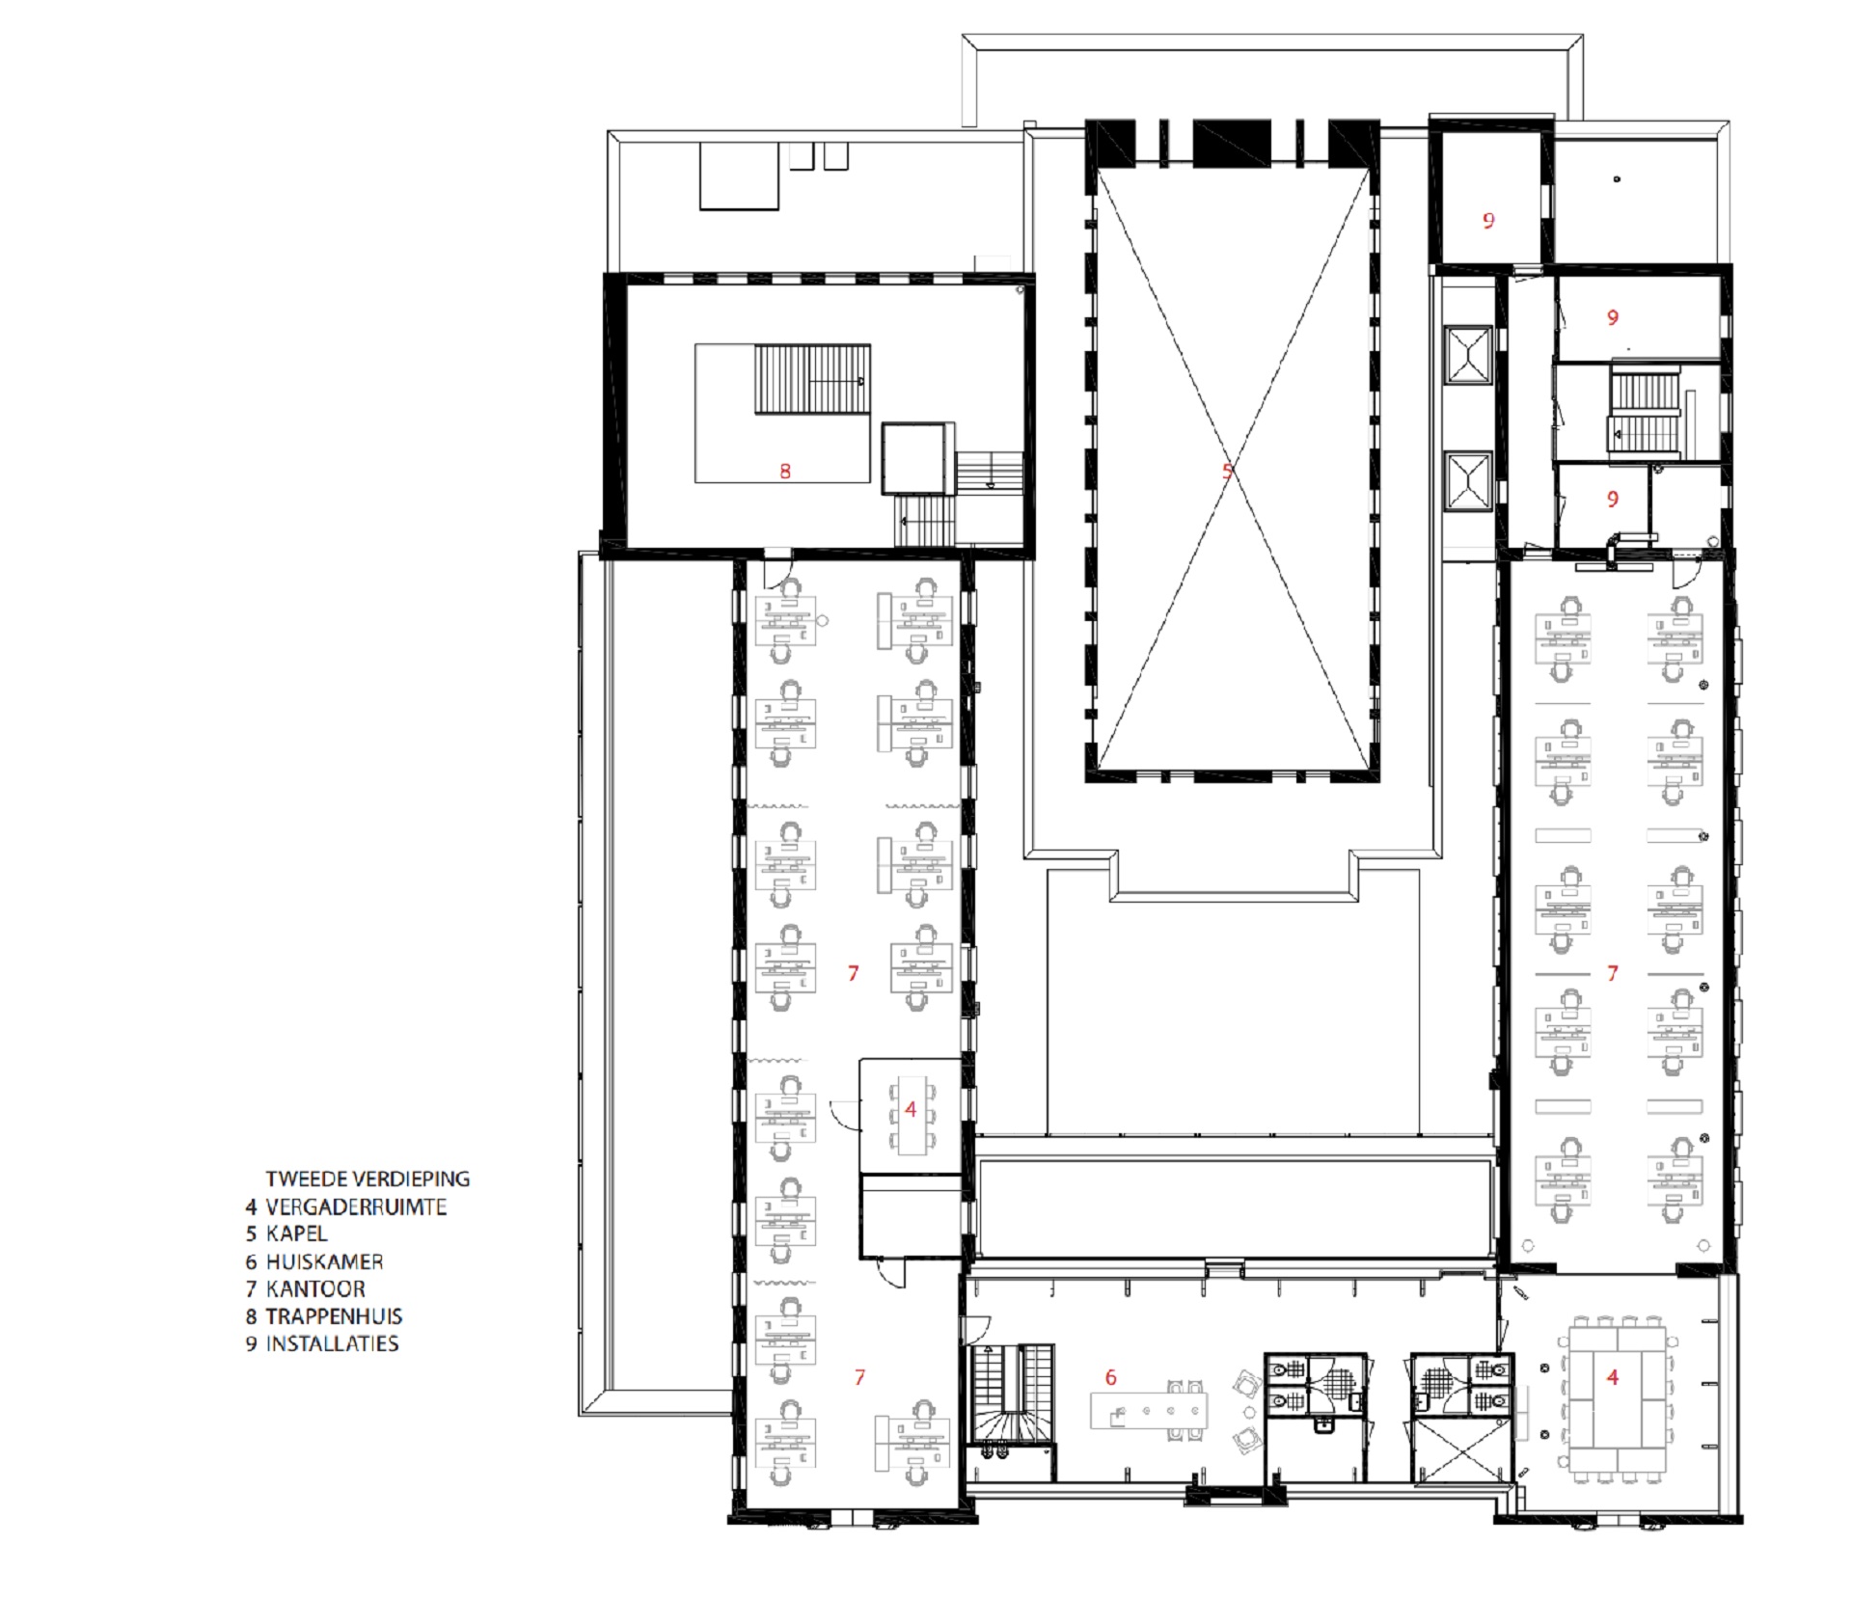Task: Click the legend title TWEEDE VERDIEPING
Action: point(368,1178)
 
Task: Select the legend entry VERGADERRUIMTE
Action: point(356,1206)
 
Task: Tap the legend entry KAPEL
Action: point(296,1233)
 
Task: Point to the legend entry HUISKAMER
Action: point(324,1261)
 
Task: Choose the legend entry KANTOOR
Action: point(315,1288)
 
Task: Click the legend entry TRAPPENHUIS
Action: point(334,1316)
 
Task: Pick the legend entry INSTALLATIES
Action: point(332,1343)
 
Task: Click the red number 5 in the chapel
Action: point(1227,472)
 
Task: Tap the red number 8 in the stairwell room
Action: point(785,472)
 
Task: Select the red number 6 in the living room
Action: point(1110,1378)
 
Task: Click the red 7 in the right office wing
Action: point(1612,974)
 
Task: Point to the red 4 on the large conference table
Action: point(1612,1378)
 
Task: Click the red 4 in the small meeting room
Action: point(910,1110)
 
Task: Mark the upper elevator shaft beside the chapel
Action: point(1468,355)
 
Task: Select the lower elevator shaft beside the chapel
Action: point(1468,479)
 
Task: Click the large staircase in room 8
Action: point(812,379)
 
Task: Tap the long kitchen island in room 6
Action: point(1149,1411)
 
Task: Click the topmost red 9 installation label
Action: point(1488,222)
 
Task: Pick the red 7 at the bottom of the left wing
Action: point(859,1378)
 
